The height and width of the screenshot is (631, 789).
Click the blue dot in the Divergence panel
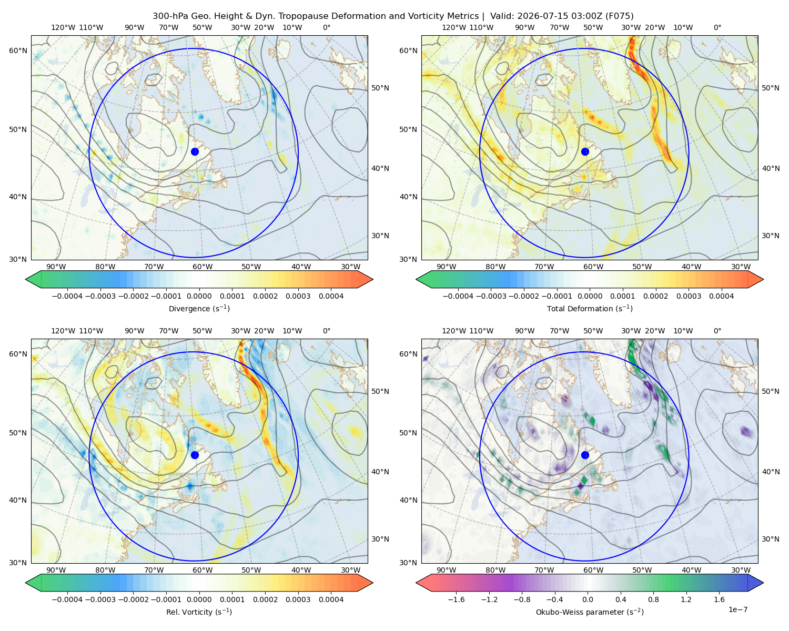tap(195, 151)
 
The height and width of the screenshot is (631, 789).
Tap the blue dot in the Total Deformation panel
tap(585, 151)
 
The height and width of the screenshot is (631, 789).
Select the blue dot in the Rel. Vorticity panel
tap(195, 455)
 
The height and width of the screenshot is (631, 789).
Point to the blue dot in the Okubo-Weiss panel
tap(585, 455)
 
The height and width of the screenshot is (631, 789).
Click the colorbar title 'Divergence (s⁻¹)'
tap(199, 308)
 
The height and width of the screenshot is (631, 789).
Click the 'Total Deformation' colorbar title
tap(590, 308)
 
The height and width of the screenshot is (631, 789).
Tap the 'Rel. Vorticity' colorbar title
tap(199, 612)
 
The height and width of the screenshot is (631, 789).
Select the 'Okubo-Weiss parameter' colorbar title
tap(590, 612)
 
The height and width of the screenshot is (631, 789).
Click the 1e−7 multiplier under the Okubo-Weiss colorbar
tap(737, 609)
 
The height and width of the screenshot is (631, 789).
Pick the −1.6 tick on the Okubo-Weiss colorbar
tap(456, 599)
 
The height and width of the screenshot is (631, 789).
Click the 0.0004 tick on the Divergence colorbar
tap(331, 296)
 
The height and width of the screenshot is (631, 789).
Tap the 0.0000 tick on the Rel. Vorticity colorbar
tap(199, 599)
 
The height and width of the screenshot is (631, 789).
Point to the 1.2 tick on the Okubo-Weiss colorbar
tap(686, 599)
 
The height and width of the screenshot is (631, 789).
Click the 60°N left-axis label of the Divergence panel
tap(18, 50)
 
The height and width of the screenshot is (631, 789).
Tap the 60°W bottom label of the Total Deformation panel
tap(593, 267)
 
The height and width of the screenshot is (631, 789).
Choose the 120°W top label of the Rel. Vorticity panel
tap(63, 331)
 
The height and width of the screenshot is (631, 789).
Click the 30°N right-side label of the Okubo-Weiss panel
tap(771, 539)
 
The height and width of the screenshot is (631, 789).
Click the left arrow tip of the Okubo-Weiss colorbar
tap(417, 583)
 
